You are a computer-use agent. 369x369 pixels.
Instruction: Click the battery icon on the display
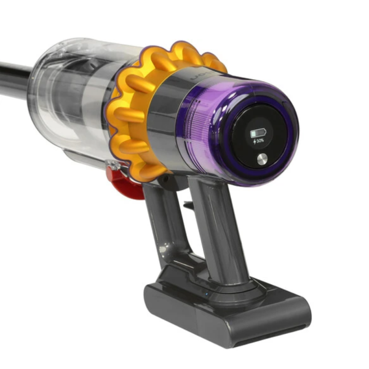point(255,133)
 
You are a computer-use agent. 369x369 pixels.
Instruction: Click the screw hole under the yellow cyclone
point(165,179)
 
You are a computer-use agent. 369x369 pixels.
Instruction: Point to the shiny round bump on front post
point(162,250)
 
